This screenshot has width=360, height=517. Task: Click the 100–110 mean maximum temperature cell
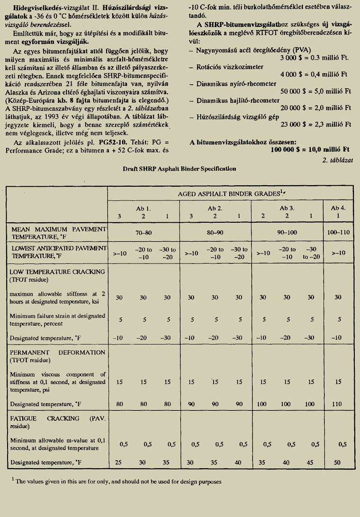(337, 233)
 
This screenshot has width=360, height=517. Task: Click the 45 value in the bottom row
(311, 462)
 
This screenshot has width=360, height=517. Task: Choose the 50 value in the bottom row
(337, 462)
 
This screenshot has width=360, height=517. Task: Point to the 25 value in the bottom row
(119, 462)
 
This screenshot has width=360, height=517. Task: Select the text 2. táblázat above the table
(339, 160)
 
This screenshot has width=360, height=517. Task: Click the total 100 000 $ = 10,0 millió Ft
(310, 150)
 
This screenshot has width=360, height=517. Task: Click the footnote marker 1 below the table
(13, 480)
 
